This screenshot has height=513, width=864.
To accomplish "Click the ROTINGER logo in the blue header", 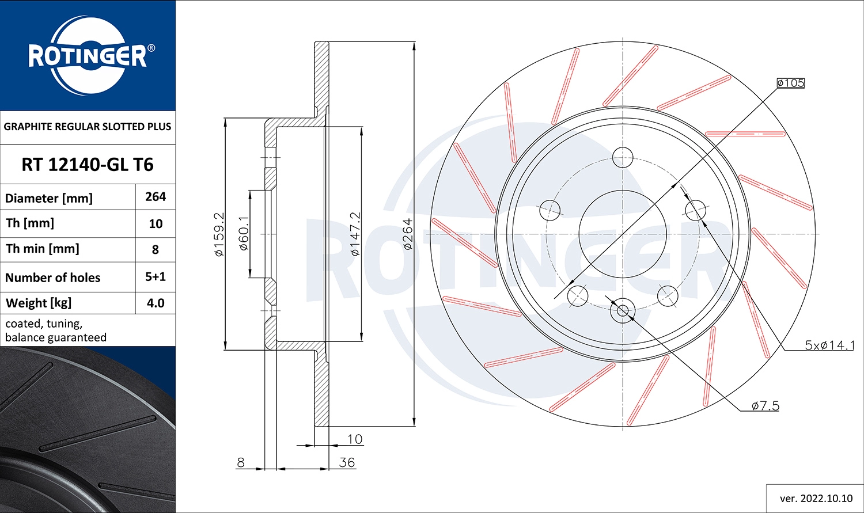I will tap(88, 56).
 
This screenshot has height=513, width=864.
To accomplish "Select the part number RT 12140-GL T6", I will tap(88, 165).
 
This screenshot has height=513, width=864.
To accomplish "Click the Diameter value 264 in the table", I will tap(156, 197).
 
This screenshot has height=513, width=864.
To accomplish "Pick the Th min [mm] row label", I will tap(43, 249).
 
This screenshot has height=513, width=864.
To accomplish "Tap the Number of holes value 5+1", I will tap(156, 276).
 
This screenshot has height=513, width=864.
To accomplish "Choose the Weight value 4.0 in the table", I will tap(156, 303).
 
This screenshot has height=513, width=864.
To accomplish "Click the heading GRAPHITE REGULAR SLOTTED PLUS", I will tap(88, 127).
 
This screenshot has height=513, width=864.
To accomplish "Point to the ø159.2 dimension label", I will tap(219, 234).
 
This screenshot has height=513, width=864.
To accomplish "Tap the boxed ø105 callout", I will tap(790, 83).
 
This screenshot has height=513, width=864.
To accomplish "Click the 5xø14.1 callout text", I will tap(829, 345).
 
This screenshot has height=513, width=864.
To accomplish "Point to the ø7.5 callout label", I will tap(765, 406).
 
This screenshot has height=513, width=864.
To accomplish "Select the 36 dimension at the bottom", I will tap(347, 462).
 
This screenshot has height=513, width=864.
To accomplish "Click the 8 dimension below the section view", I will tap(241, 462).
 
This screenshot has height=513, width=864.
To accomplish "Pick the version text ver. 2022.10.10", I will tap(816, 499).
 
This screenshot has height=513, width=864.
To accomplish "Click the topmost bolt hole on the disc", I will tap(623, 157).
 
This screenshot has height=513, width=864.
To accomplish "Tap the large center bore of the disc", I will tap(623, 234).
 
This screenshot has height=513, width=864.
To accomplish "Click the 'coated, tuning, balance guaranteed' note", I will tap(56, 330).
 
